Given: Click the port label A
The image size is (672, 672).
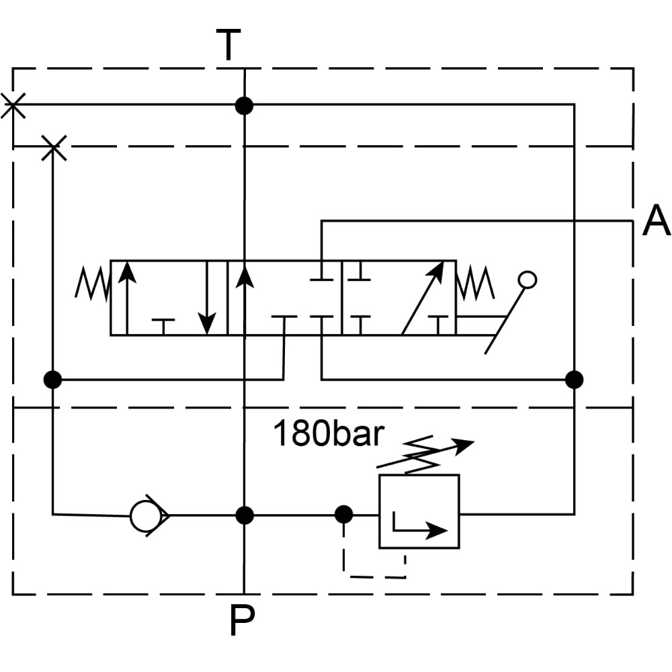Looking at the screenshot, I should click(656, 221).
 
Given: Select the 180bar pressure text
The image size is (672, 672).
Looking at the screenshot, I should click(328, 435).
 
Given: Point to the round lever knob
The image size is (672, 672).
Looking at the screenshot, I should click(528, 280).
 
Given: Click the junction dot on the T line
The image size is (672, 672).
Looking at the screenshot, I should click(244, 106).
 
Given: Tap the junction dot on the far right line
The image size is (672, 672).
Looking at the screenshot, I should click(574, 380).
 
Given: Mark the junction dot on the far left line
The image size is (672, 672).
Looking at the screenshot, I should click(52, 380).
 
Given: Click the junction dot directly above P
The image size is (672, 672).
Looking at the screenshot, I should click(245, 515).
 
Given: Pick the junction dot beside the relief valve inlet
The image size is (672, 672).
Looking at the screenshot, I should click(343, 515).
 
